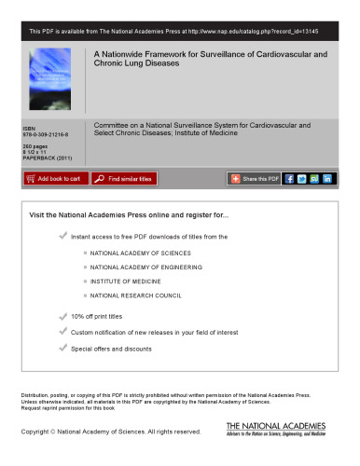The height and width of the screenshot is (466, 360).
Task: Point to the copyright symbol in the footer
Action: (x=60, y=432)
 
